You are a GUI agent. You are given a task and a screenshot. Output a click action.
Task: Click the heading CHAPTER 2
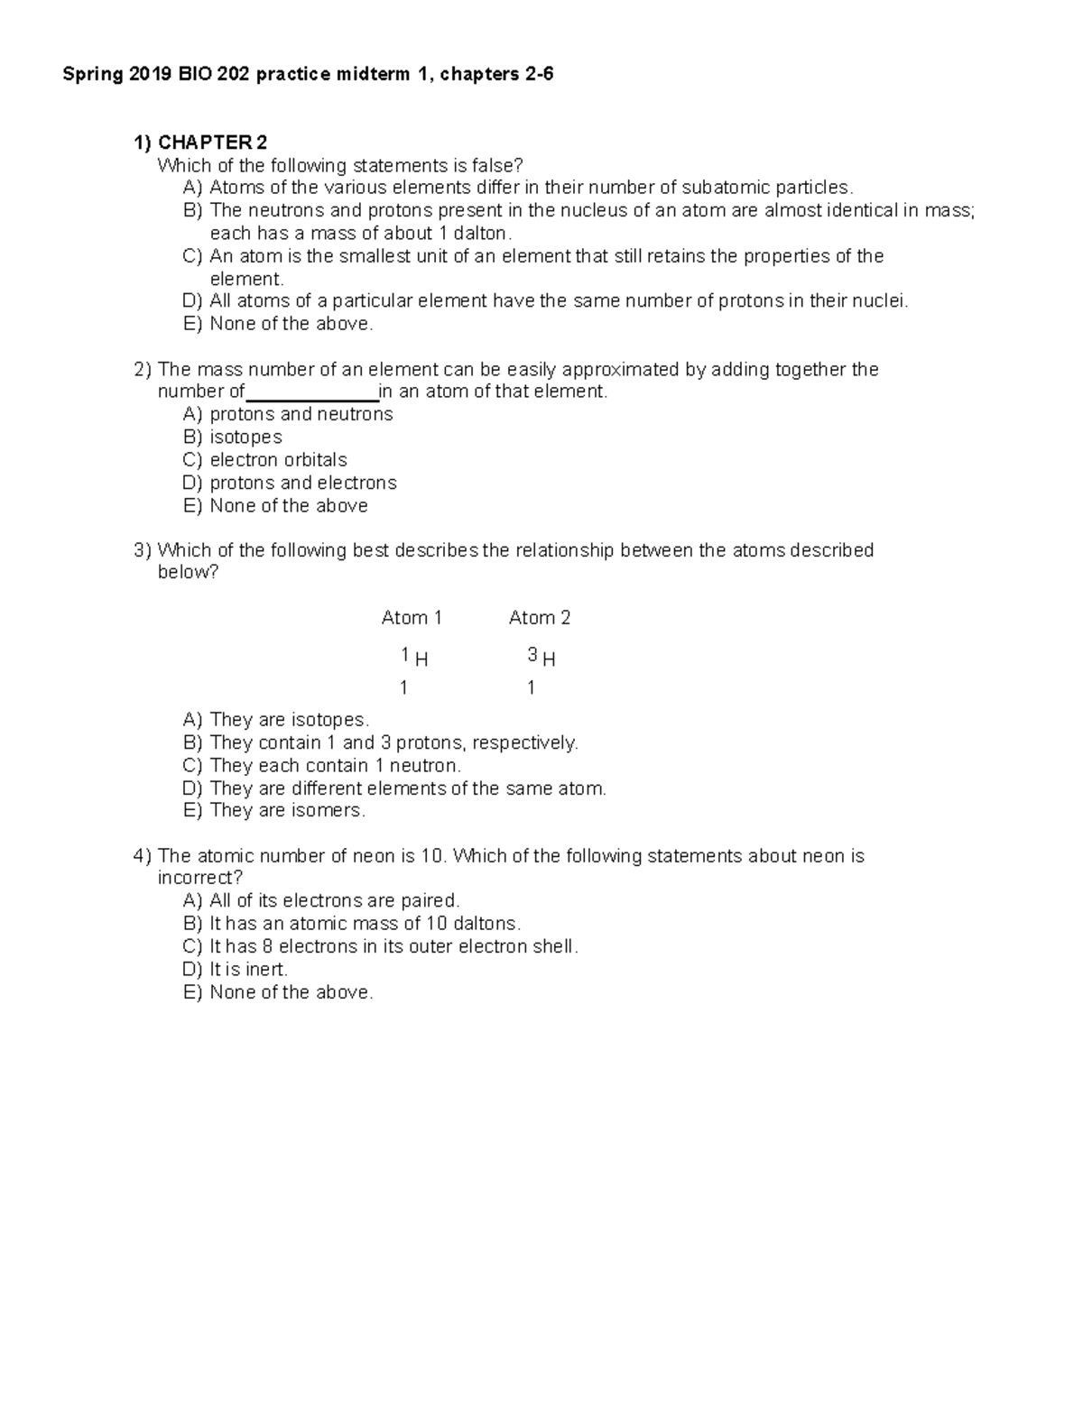[x=212, y=143]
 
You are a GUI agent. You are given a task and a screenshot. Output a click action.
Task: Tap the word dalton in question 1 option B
[x=481, y=234]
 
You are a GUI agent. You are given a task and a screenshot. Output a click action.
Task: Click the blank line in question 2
[x=311, y=392]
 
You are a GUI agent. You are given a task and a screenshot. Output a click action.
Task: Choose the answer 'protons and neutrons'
[x=301, y=414]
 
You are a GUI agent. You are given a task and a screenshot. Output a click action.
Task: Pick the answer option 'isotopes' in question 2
[x=245, y=438]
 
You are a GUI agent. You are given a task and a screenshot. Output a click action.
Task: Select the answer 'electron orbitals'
[x=278, y=460]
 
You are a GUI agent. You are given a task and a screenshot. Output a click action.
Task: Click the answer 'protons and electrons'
[x=302, y=483]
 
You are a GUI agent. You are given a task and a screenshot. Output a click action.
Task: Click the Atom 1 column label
[x=412, y=618]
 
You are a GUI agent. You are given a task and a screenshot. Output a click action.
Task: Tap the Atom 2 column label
[x=539, y=618]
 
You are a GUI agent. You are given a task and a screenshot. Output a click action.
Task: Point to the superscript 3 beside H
[x=532, y=654]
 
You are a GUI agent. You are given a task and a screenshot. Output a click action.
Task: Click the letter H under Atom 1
[x=421, y=659]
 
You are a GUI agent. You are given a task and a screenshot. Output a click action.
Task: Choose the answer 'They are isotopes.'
[x=289, y=720]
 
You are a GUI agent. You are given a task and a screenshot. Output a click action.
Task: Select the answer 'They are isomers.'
[x=287, y=810]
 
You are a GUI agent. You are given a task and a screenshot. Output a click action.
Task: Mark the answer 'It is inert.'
[x=248, y=970]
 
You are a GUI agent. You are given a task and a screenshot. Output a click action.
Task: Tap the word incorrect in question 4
[x=199, y=879]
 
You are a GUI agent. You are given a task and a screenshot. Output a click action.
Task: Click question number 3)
[x=143, y=550]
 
